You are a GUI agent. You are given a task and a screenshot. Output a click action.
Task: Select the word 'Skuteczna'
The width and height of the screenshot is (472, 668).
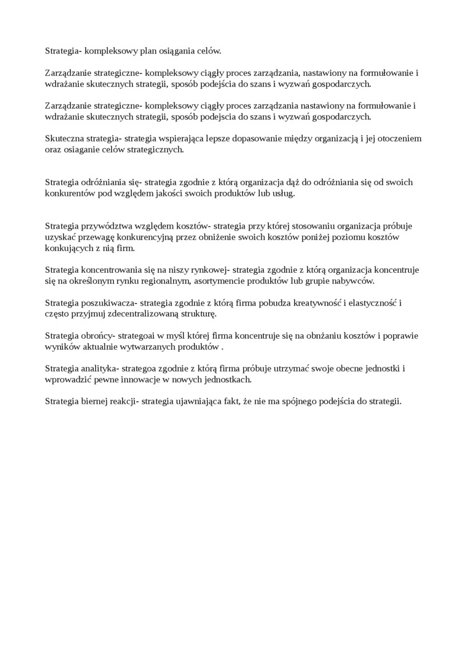pos(64,139)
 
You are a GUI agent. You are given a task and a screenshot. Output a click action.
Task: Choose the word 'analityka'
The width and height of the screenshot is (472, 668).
pos(96,368)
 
